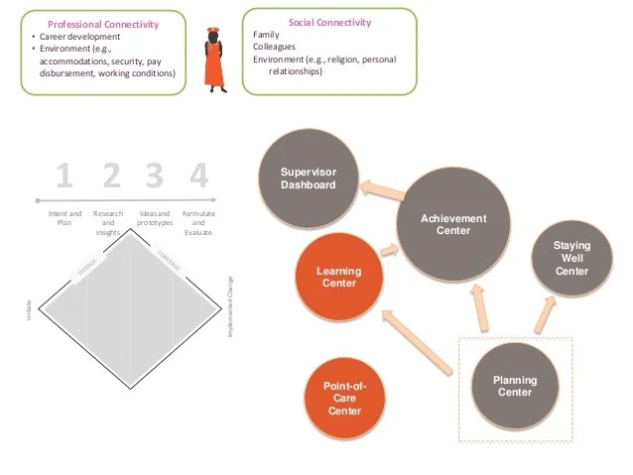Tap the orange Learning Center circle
(x=338, y=277)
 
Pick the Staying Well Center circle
(x=571, y=257)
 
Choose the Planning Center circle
(x=515, y=385)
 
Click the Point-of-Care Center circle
(x=344, y=397)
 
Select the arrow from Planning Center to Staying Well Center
(x=546, y=312)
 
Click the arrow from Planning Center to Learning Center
(x=418, y=343)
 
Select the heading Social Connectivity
(x=329, y=22)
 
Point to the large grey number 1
(x=64, y=177)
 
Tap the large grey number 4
(x=199, y=177)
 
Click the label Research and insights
(x=109, y=223)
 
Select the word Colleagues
(x=273, y=47)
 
